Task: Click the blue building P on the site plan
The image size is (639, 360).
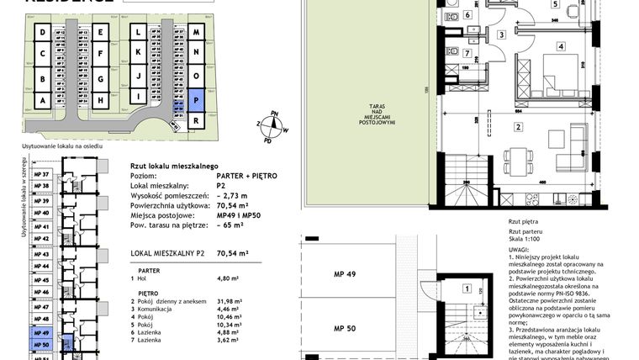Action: point(195,98)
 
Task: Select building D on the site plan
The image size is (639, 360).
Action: point(41,34)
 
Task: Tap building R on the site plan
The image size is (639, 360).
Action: point(195,120)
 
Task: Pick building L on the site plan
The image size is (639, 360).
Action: point(135,34)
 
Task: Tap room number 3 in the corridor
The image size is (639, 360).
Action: point(499,34)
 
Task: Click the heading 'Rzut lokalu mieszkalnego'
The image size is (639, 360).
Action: point(175,166)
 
